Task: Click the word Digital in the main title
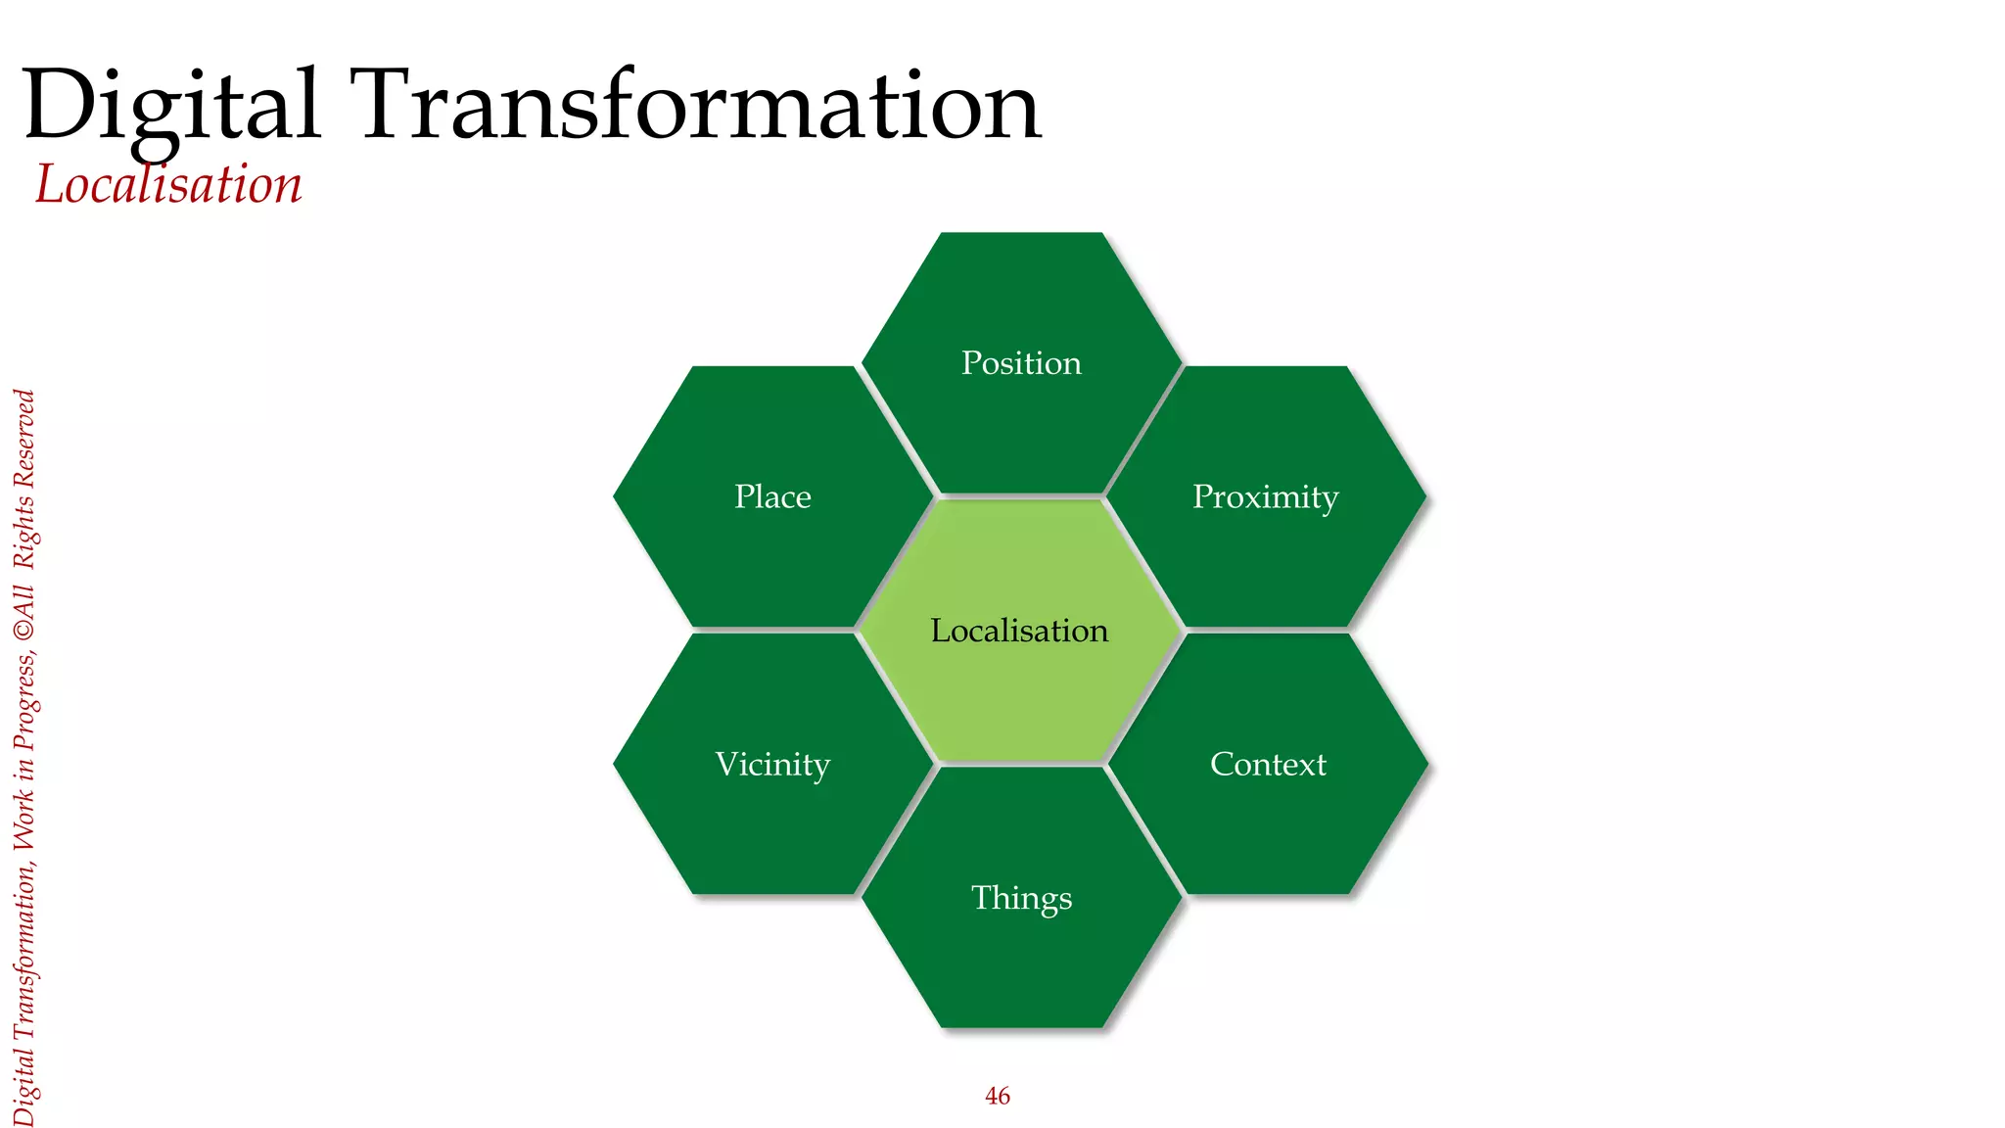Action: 171,106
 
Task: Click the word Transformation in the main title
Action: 700,106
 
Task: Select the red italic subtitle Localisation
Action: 168,184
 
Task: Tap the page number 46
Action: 997,1096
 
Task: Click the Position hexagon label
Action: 1021,363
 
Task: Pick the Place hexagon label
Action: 772,497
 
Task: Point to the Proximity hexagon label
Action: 1265,497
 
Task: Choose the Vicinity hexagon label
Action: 772,765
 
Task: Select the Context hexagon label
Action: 1268,765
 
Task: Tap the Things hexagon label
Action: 1021,898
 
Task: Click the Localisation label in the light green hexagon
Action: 1019,631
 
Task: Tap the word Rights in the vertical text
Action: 25,534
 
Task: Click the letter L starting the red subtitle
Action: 49,184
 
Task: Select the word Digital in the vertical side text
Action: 25,1087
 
